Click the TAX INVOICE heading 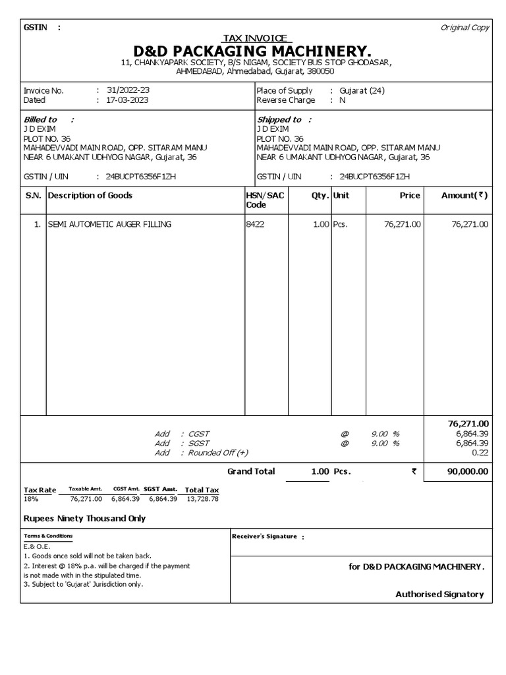coord(257,38)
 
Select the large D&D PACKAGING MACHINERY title coord(253,51)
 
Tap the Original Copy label coord(465,27)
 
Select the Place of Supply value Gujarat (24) coord(362,90)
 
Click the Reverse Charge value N coord(342,100)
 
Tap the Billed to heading coord(40,119)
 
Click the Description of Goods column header coord(90,195)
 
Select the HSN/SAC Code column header coord(264,200)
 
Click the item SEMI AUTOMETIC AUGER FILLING coord(109,224)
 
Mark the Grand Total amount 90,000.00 coord(466,471)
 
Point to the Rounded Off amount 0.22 coord(480,453)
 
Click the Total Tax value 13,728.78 coord(202,499)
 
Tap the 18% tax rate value coord(31,499)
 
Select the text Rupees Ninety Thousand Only coord(84,518)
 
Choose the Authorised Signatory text coord(439,594)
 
